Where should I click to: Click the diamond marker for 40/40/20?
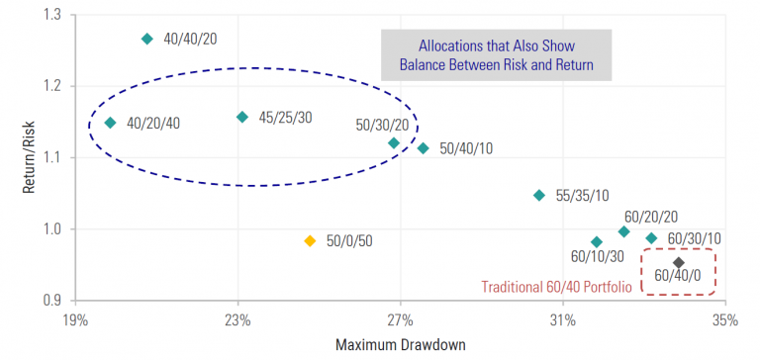point(147,39)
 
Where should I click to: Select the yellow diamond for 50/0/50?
point(310,240)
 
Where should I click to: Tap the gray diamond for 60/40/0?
point(679,262)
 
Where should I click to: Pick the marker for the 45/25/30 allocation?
point(242,117)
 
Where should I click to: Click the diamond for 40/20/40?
point(110,123)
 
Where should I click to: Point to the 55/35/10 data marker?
point(539,195)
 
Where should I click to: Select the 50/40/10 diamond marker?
point(423,148)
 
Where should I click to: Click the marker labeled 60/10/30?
point(597,242)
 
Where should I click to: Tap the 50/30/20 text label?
point(381,126)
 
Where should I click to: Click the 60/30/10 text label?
point(694,238)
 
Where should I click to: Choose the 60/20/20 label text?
point(650,215)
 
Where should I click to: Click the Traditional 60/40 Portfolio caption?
point(557,289)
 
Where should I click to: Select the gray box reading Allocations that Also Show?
point(496,55)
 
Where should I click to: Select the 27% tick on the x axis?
point(400,320)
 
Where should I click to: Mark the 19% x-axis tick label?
point(75,320)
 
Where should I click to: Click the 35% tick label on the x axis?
point(724,320)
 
